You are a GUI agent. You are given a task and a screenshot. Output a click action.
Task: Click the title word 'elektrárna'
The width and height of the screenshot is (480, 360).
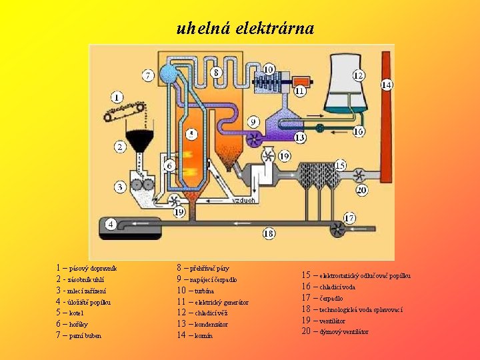pos(275,29)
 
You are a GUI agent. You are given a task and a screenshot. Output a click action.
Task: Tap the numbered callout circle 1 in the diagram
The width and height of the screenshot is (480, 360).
pos(117,97)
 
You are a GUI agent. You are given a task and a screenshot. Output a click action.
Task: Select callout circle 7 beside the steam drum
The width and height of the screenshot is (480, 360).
pos(147,75)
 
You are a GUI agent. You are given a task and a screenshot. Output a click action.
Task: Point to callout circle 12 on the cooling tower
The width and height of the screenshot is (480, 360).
pos(358,75)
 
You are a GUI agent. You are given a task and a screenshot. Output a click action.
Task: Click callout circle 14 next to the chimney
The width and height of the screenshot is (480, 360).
pos(387,85)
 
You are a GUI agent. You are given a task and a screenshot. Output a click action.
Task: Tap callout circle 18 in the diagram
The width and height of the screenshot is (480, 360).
pos(269,233)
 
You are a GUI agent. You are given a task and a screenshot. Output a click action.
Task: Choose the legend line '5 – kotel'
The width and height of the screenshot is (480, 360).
pos(71,313)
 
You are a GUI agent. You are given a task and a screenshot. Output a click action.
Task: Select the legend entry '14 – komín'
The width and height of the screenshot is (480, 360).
pos(195,335)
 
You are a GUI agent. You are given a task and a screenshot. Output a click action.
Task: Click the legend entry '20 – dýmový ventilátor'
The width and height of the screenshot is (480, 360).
pos(335,331)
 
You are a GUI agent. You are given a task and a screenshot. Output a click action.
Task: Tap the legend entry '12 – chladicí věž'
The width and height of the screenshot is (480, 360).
pos(203,313)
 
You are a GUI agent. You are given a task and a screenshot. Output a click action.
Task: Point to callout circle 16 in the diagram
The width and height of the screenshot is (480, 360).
pos(359,132)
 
